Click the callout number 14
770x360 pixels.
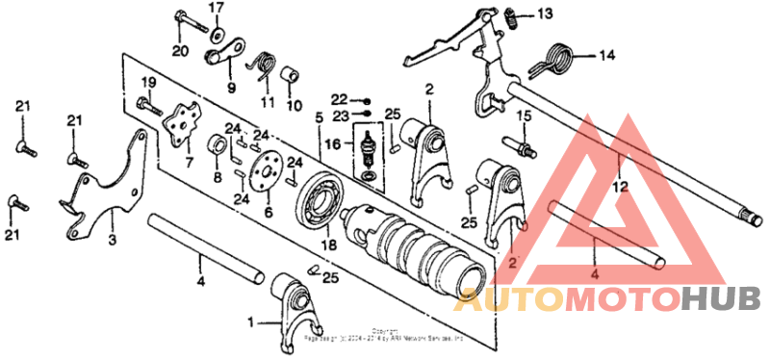pyautogui.click(x=605, y=55)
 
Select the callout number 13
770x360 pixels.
pyautogui.click(x=546, y=13)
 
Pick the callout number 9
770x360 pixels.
pyautogui.click(x=231, y=88)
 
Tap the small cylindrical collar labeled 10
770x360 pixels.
pyautogui.click(x=288, y=75)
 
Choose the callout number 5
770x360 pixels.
pyautogui.click(x=320, y=117)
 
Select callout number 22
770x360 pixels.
pyautogui.click(x=338, y=99)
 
